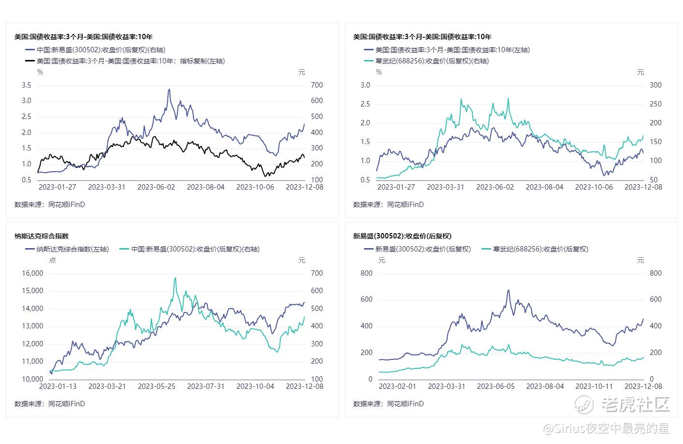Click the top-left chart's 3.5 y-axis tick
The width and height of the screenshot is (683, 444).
(27, 85)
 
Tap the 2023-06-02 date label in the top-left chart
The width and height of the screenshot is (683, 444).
(156, 187)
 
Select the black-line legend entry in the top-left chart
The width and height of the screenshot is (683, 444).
(125, 61)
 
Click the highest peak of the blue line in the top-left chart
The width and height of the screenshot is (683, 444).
(169, 89)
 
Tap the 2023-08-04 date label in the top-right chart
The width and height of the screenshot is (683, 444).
(544, 187)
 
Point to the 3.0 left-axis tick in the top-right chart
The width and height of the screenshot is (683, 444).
(365, 85)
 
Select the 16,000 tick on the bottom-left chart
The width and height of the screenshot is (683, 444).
(33, 273)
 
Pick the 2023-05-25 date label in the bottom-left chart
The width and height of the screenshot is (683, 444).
(156, 386)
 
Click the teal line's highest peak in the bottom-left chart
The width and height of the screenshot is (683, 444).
(175, 278)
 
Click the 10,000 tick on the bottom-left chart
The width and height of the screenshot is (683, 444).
(33, 379)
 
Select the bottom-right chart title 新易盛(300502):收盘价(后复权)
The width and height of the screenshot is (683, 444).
(402, 236)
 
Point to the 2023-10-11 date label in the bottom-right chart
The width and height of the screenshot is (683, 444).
(594, 386)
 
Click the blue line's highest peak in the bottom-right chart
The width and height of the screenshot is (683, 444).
(509, 290)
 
